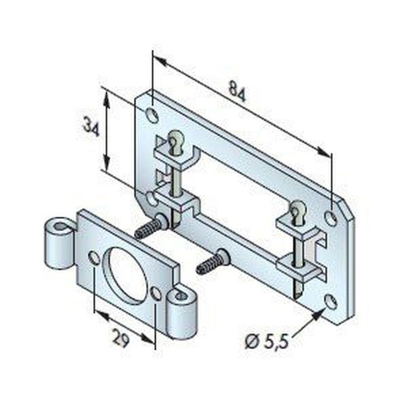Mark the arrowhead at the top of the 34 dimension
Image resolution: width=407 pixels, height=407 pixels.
click(x=106, y=97)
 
